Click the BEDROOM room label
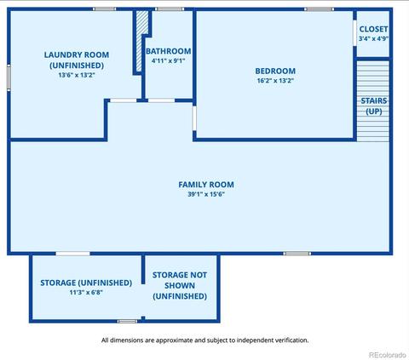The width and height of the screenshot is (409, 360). [x=275, y=71]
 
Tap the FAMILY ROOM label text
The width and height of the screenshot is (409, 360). [x=206, y=185]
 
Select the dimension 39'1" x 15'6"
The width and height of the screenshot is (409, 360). [x=206, y=194]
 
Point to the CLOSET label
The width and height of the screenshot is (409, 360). [x=373, y=29]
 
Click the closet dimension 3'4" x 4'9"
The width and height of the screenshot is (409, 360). [x=373, y=38]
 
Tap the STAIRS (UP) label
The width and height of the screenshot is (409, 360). [x=374, y=106]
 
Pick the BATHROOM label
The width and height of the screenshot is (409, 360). [x=169, y=51]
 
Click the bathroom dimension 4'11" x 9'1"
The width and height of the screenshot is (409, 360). [x=169, y=60]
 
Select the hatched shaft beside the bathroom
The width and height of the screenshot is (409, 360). [x=142, y=41]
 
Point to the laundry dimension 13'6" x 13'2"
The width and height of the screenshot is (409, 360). [x=77, y=75]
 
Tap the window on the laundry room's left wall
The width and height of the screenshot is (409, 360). [x=9, y=77]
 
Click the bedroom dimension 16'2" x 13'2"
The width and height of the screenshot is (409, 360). [x=275, y=80]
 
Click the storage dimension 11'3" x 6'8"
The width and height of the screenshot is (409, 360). [x=86, y=292]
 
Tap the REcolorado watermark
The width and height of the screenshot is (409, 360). [x=388, y=355]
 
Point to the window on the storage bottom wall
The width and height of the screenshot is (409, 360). [x=128, y=321]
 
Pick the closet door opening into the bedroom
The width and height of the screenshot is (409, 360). [x=354, y=32]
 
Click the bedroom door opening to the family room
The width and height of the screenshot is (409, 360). [x=194, y=118]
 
